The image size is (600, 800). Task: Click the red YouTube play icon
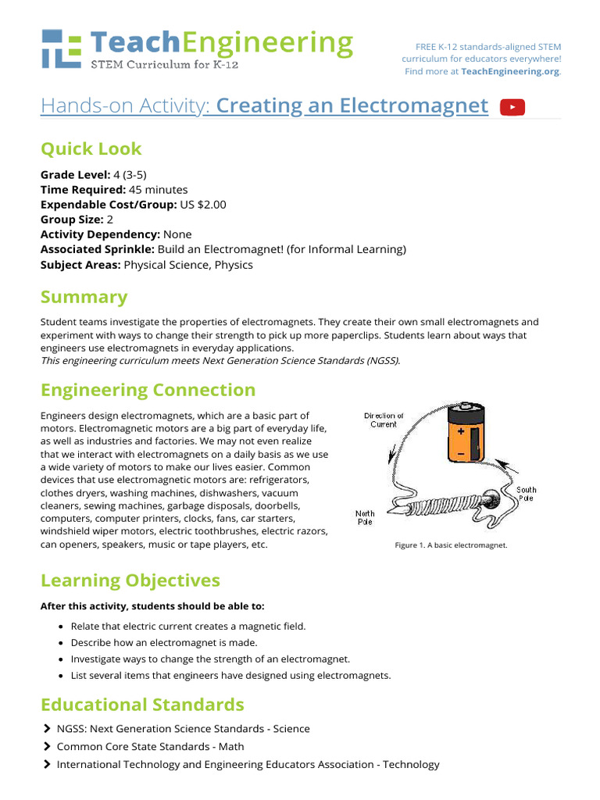click(512, 107)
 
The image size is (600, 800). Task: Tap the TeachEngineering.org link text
click(510, 71)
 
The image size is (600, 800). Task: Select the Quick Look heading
click(91, 148)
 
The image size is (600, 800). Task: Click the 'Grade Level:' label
click(75, 175)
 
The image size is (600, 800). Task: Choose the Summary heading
click(84, 297)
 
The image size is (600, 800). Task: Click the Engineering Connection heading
click(148, 390)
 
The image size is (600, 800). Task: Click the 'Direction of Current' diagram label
click(384, 420)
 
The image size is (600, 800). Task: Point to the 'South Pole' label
click(526, 494)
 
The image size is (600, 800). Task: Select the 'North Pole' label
click(365, 517)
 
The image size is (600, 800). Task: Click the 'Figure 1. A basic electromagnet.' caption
click(452, 545)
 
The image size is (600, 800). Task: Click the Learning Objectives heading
click(130, 580)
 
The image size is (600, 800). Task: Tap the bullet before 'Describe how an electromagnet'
click(61, 643)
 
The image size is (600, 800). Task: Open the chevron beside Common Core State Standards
click(47, 746)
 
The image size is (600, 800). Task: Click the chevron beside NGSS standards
click(47, 728)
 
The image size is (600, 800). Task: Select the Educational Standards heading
click(142, 705)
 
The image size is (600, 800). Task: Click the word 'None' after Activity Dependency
click(177, 234)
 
